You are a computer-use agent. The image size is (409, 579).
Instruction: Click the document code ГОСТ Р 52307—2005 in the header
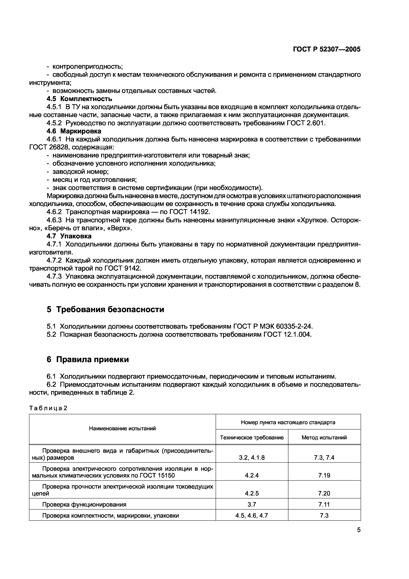327,49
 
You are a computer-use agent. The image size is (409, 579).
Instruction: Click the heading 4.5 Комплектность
79,99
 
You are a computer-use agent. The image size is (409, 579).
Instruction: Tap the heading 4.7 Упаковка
69,236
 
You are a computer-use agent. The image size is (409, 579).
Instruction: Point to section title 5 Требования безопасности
105,309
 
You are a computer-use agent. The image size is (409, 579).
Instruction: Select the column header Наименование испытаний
122,428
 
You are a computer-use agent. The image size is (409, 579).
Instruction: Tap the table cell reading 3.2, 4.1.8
252,458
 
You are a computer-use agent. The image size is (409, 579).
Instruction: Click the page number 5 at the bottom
359,530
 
